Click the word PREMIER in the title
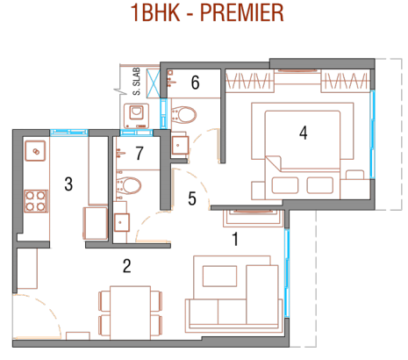[242, 13]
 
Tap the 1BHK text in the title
[155, 13]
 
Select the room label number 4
[304, 133]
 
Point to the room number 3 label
[68, 184]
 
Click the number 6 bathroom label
[196, 83]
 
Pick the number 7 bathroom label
[140, 153]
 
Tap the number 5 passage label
[192, 198]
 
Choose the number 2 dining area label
[126, 266]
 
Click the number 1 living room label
[235, 239]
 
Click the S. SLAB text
[137, 82]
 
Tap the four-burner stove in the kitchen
[36, 201]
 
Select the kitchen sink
[35, 151]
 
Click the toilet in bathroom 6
[183, 115]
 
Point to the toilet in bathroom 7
[129, 185]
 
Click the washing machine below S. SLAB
[136, 116]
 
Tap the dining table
[131, 313]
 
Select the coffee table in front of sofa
[219, 276]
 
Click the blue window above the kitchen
[69, 133]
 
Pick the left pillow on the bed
[285, 185]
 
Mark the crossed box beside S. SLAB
[153, 83]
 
